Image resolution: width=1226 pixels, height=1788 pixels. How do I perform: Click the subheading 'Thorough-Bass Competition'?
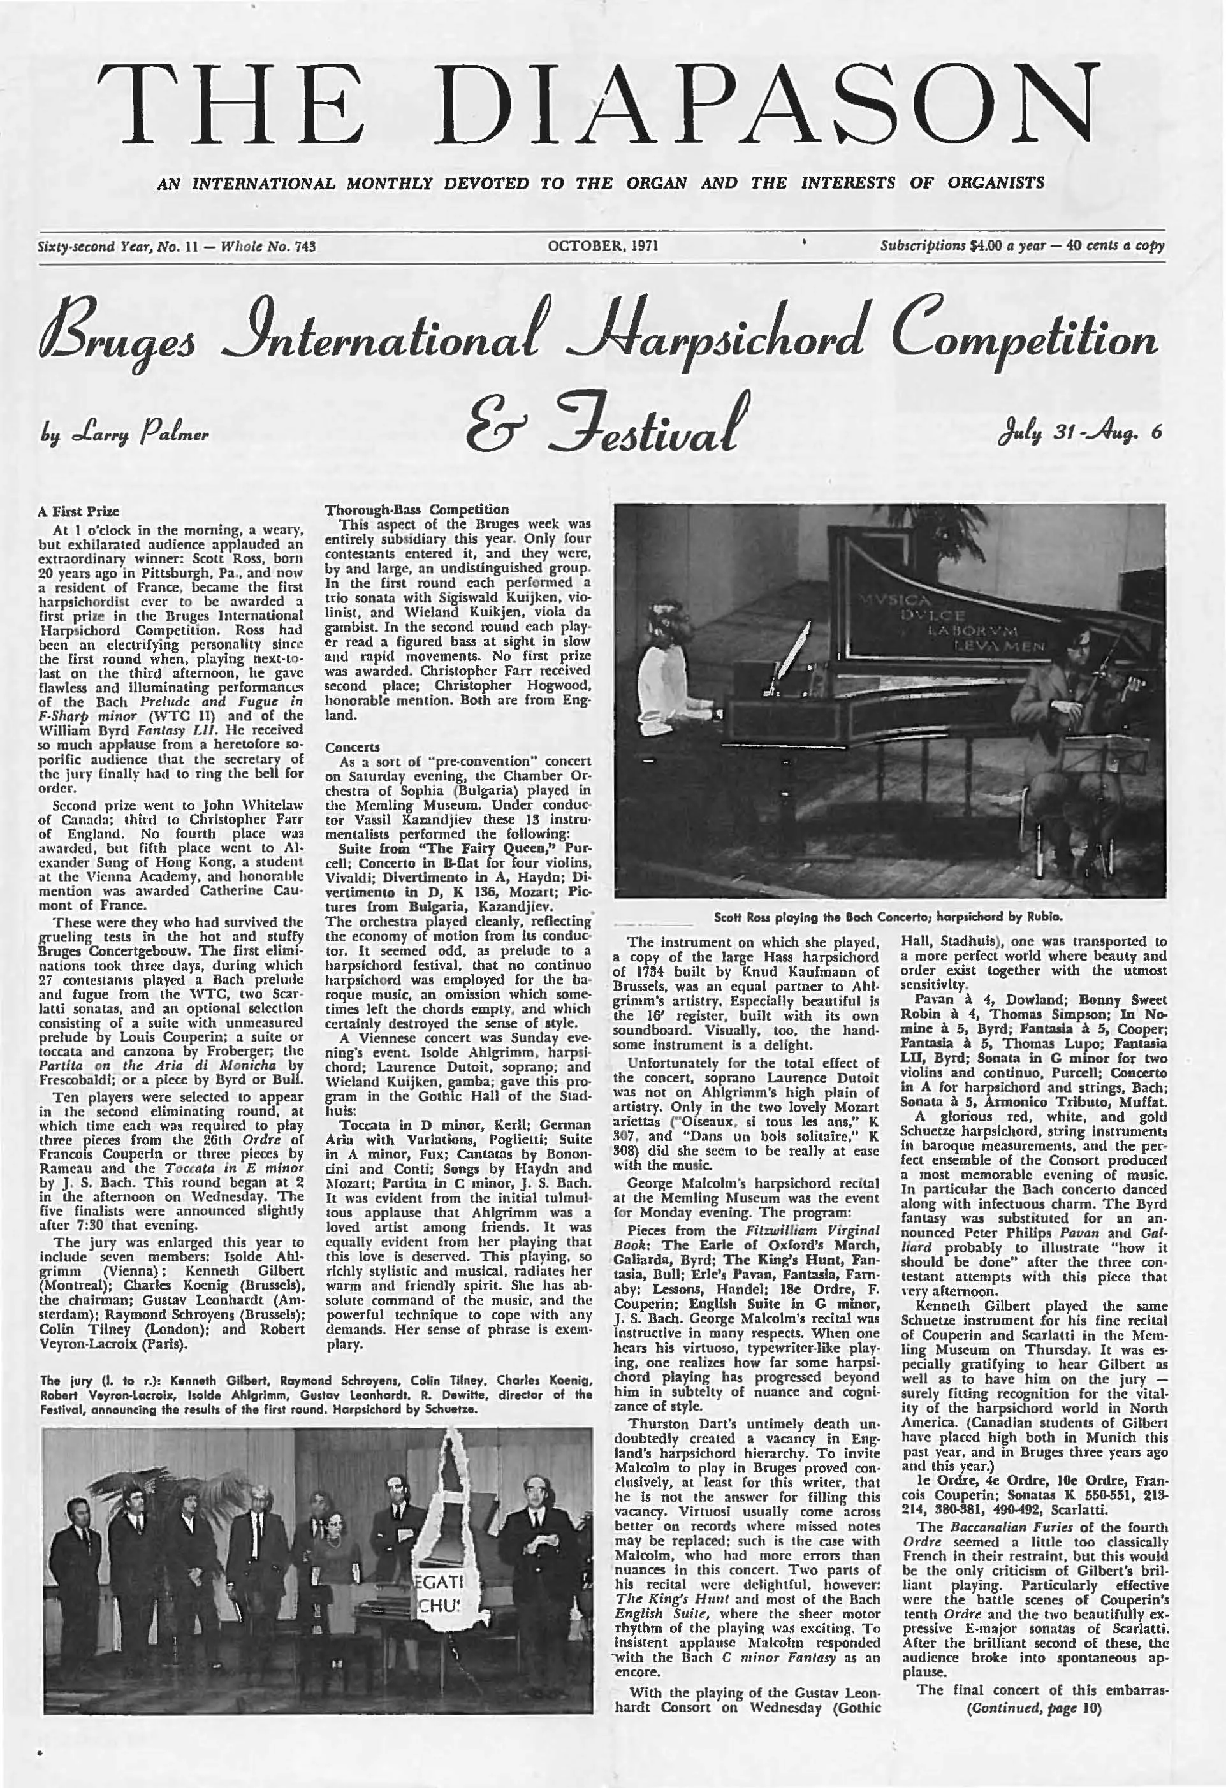[x=416, y=509]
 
